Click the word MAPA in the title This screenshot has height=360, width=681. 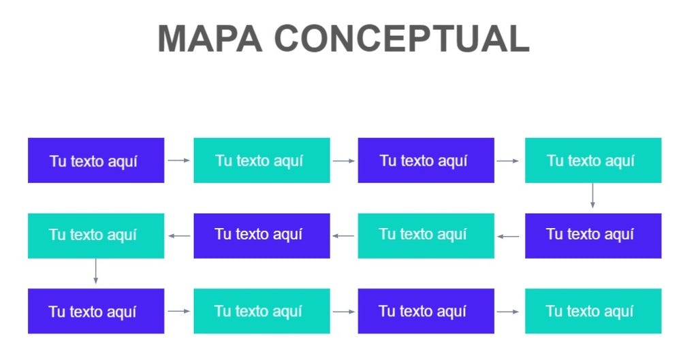(210, 38)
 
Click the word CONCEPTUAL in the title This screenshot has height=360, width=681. (402, 38)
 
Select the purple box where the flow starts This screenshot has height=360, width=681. (96, 161)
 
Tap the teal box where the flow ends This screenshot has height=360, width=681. (592, 311)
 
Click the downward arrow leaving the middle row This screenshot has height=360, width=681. (95, 271)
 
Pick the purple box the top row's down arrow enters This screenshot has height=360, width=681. (592, 235)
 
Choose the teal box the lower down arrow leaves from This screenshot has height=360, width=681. (96, 235)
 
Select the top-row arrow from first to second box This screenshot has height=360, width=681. (178, 161)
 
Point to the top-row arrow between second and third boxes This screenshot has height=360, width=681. (344, 161)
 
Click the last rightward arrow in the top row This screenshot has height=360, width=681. (509, 161)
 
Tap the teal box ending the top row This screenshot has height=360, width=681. (592, 161)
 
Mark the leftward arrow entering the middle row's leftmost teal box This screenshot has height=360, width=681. (179, 235)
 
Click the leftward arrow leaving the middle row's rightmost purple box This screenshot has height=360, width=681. (509, 236)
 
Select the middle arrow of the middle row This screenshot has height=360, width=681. (344, 235)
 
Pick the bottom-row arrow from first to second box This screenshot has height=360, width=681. (178, 311)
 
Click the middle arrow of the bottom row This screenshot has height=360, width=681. (344, 311)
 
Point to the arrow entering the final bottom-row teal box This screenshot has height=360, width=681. (509, 311)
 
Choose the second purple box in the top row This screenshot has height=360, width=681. (426, 161)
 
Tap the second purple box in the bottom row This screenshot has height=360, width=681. (426, 311)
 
